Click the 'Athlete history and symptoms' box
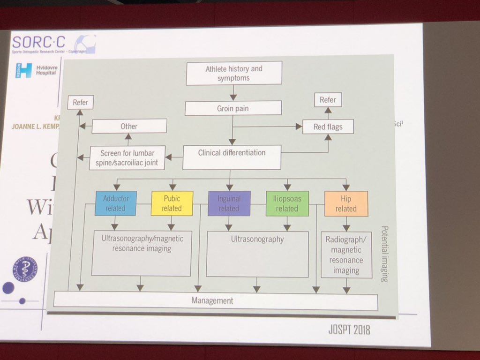[x=233, y=73]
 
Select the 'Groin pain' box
[x=233, y=108]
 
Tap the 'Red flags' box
[x=328, y=126]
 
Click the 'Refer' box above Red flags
[x=328, y=100]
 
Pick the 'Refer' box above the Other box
[x=80, y=103]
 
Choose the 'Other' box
[x=129, y=126]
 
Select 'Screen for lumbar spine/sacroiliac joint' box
[x=127, y=157]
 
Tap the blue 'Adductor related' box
[x=115, y=203]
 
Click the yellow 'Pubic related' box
[x=172, y=203]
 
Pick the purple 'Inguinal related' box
[x=229, y=203]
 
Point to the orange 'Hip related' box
[x=346, y=203]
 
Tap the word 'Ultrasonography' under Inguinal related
[x=257, y=239]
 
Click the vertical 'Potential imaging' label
[x=384, y=253]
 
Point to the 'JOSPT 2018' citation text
[x=349, y=330]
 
